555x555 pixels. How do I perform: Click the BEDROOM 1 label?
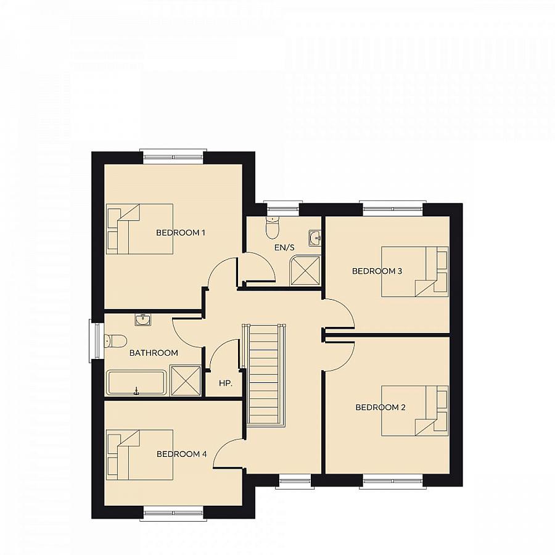(180, 232)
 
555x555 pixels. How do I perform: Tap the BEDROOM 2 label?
(380, 407)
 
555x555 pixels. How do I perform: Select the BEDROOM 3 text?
(377, 271)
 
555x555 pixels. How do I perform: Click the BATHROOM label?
(154, 353)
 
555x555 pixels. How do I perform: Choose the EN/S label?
(285, 247)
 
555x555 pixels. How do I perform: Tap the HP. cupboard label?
(226, 383)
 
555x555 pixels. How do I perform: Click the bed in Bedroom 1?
(139, 229)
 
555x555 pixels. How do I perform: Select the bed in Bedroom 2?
(414, 411)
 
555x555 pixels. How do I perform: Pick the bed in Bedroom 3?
(414, 272)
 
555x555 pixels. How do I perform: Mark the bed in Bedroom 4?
(139, 455)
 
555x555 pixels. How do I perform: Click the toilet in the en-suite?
(272, 228)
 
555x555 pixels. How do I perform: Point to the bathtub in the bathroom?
(136, 382)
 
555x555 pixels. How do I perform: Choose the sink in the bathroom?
(142, 319)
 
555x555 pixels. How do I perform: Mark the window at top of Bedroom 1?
(173, 156)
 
